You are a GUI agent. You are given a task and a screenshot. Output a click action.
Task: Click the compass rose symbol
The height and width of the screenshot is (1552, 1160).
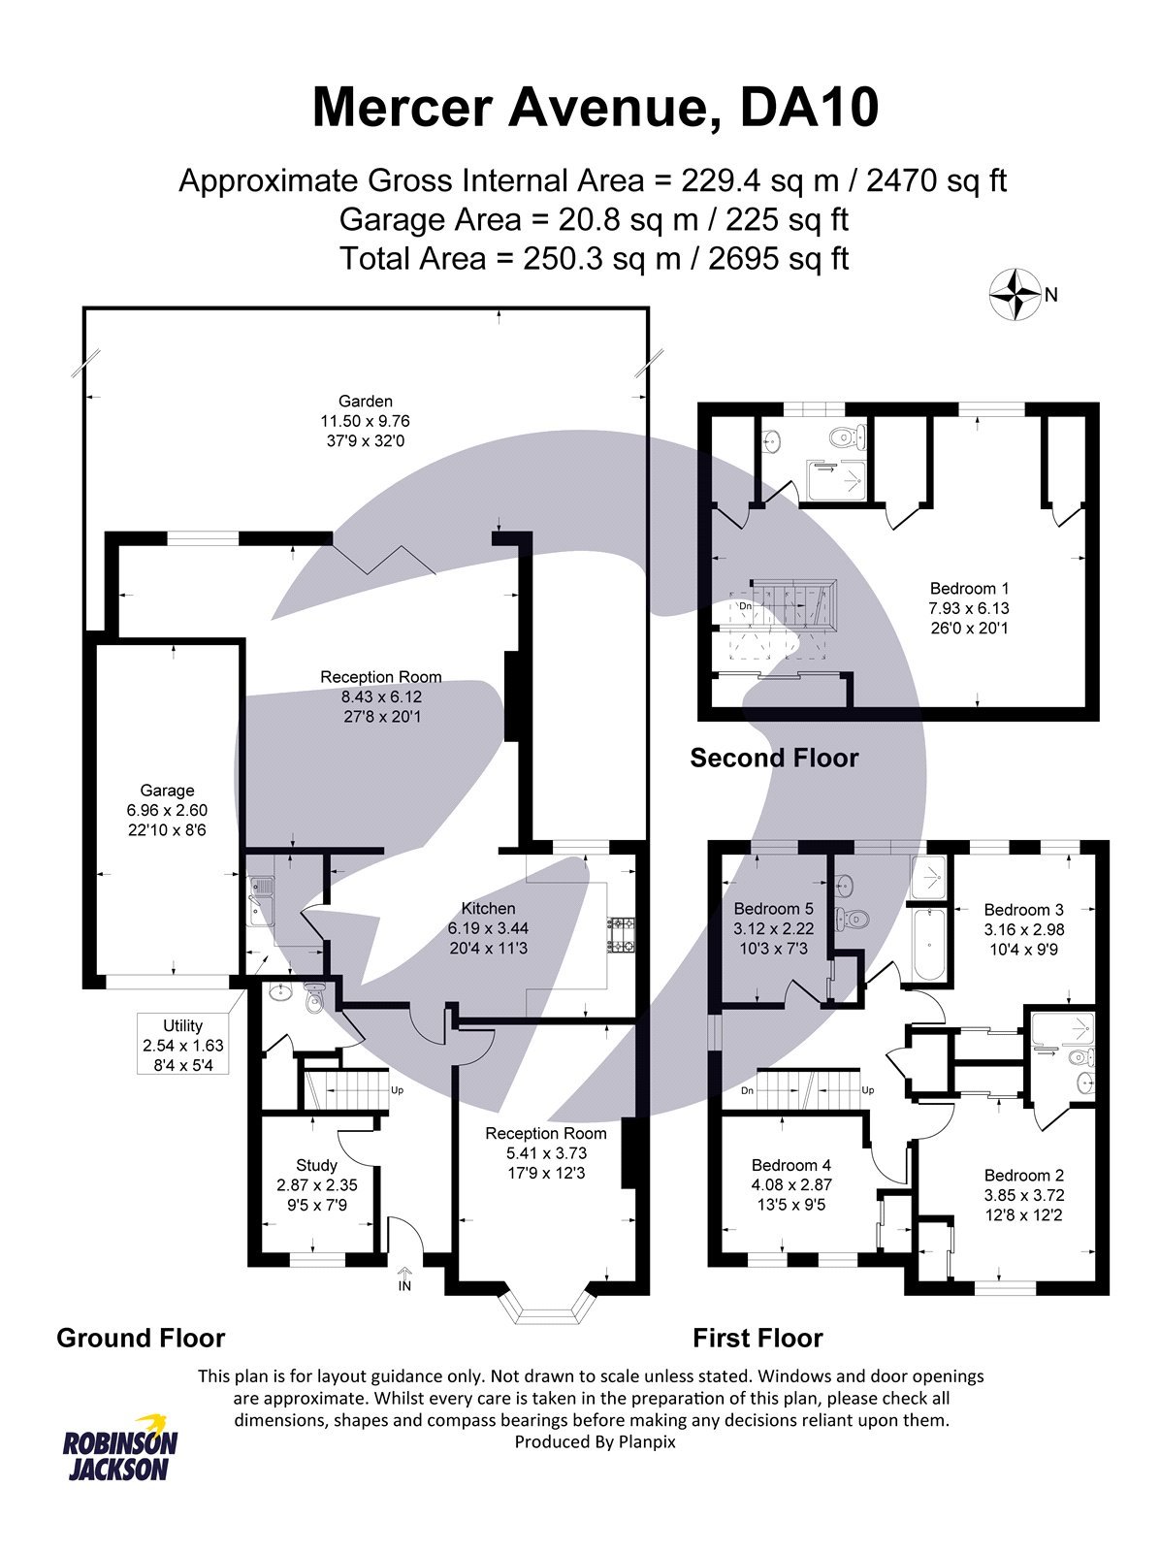click(1014, 295)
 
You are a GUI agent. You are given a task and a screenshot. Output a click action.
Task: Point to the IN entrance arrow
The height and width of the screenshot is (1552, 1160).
click(404, 1277)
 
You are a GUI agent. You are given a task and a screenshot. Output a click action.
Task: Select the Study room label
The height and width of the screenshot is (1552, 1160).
click(316, 1165)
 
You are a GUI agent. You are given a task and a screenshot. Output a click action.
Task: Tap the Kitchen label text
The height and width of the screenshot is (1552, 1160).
click(488, 908)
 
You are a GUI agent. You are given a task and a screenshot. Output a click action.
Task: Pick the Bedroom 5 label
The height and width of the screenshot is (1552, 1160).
click(773, 909)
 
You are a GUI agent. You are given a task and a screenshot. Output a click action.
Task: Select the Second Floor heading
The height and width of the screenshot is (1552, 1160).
click(774, 758)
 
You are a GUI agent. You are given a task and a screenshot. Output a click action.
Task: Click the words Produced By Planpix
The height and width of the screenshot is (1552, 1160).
click(595, 1441)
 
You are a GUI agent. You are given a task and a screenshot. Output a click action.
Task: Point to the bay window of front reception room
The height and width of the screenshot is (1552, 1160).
click(549, 1306)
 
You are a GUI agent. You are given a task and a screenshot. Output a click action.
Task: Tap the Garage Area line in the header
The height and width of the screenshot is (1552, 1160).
click(593, 220)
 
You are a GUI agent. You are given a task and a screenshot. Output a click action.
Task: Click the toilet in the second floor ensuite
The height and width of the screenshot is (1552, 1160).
click(848, 437)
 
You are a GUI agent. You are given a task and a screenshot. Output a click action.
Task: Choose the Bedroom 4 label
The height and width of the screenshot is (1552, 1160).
click(791, 1165)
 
